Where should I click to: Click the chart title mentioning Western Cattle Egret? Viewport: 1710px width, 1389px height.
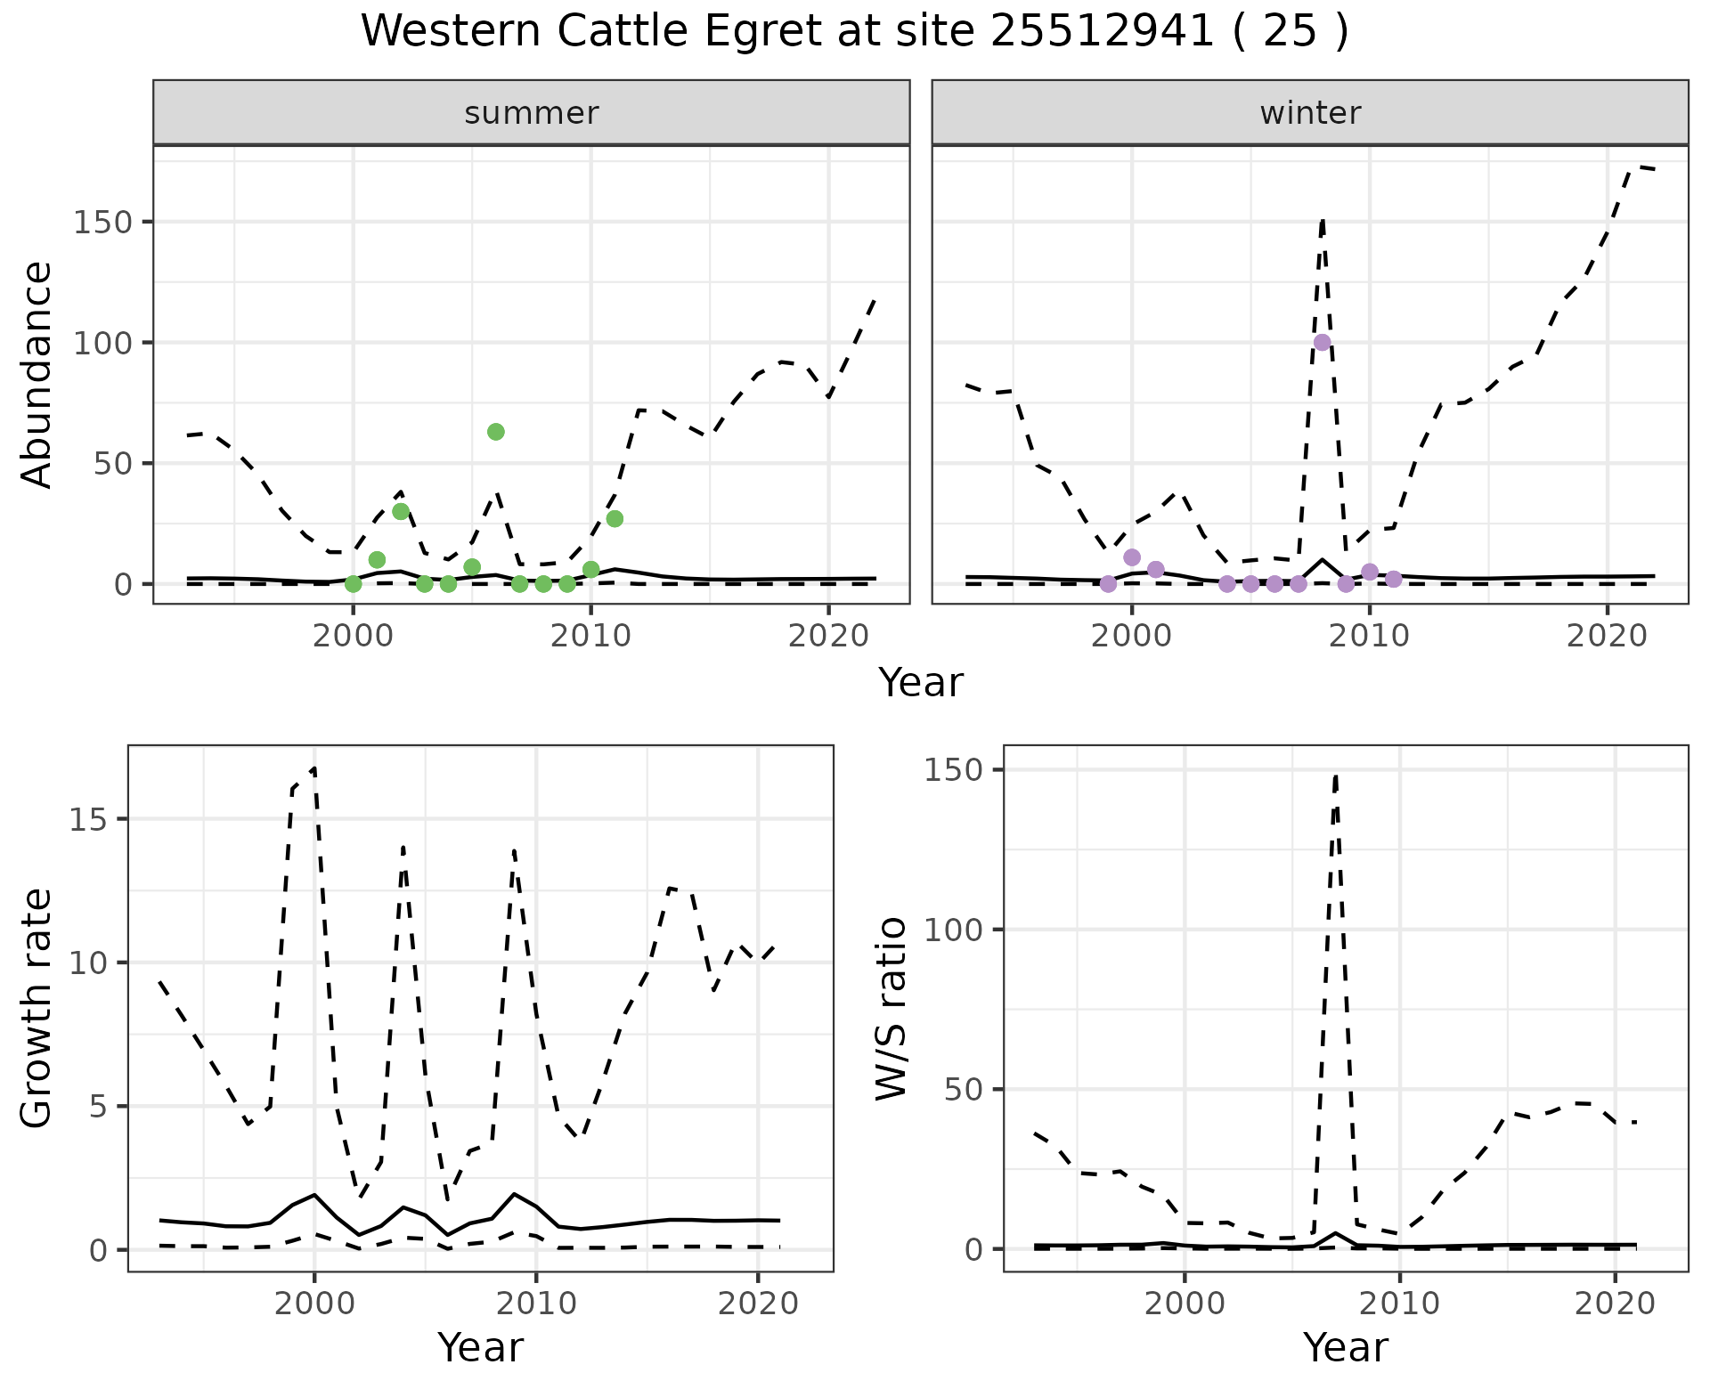854,32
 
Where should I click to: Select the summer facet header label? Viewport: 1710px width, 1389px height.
532,113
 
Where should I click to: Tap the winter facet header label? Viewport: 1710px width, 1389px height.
1310,113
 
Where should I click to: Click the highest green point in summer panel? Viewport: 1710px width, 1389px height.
496,432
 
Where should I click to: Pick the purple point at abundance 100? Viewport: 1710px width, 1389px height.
1323,343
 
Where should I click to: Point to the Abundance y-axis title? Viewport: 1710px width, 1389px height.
37,374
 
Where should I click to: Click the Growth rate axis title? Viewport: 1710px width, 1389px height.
37,1008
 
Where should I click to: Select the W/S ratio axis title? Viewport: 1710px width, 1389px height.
892,1008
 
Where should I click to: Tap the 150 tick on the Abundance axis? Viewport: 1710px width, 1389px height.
102,222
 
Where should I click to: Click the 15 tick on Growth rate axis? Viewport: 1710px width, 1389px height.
89,819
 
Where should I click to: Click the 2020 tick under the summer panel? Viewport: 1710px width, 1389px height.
828,636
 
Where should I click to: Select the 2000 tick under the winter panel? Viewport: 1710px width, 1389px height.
1132,636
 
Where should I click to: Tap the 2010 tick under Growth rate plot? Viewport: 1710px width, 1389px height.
535,1304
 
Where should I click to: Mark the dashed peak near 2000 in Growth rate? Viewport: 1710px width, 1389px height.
313,768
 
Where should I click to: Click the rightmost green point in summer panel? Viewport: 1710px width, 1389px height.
615,519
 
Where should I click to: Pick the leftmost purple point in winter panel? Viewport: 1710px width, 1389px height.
1108,584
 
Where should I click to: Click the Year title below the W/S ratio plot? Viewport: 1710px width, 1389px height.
1345,1347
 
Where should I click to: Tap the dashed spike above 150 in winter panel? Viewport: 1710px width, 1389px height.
1323,219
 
